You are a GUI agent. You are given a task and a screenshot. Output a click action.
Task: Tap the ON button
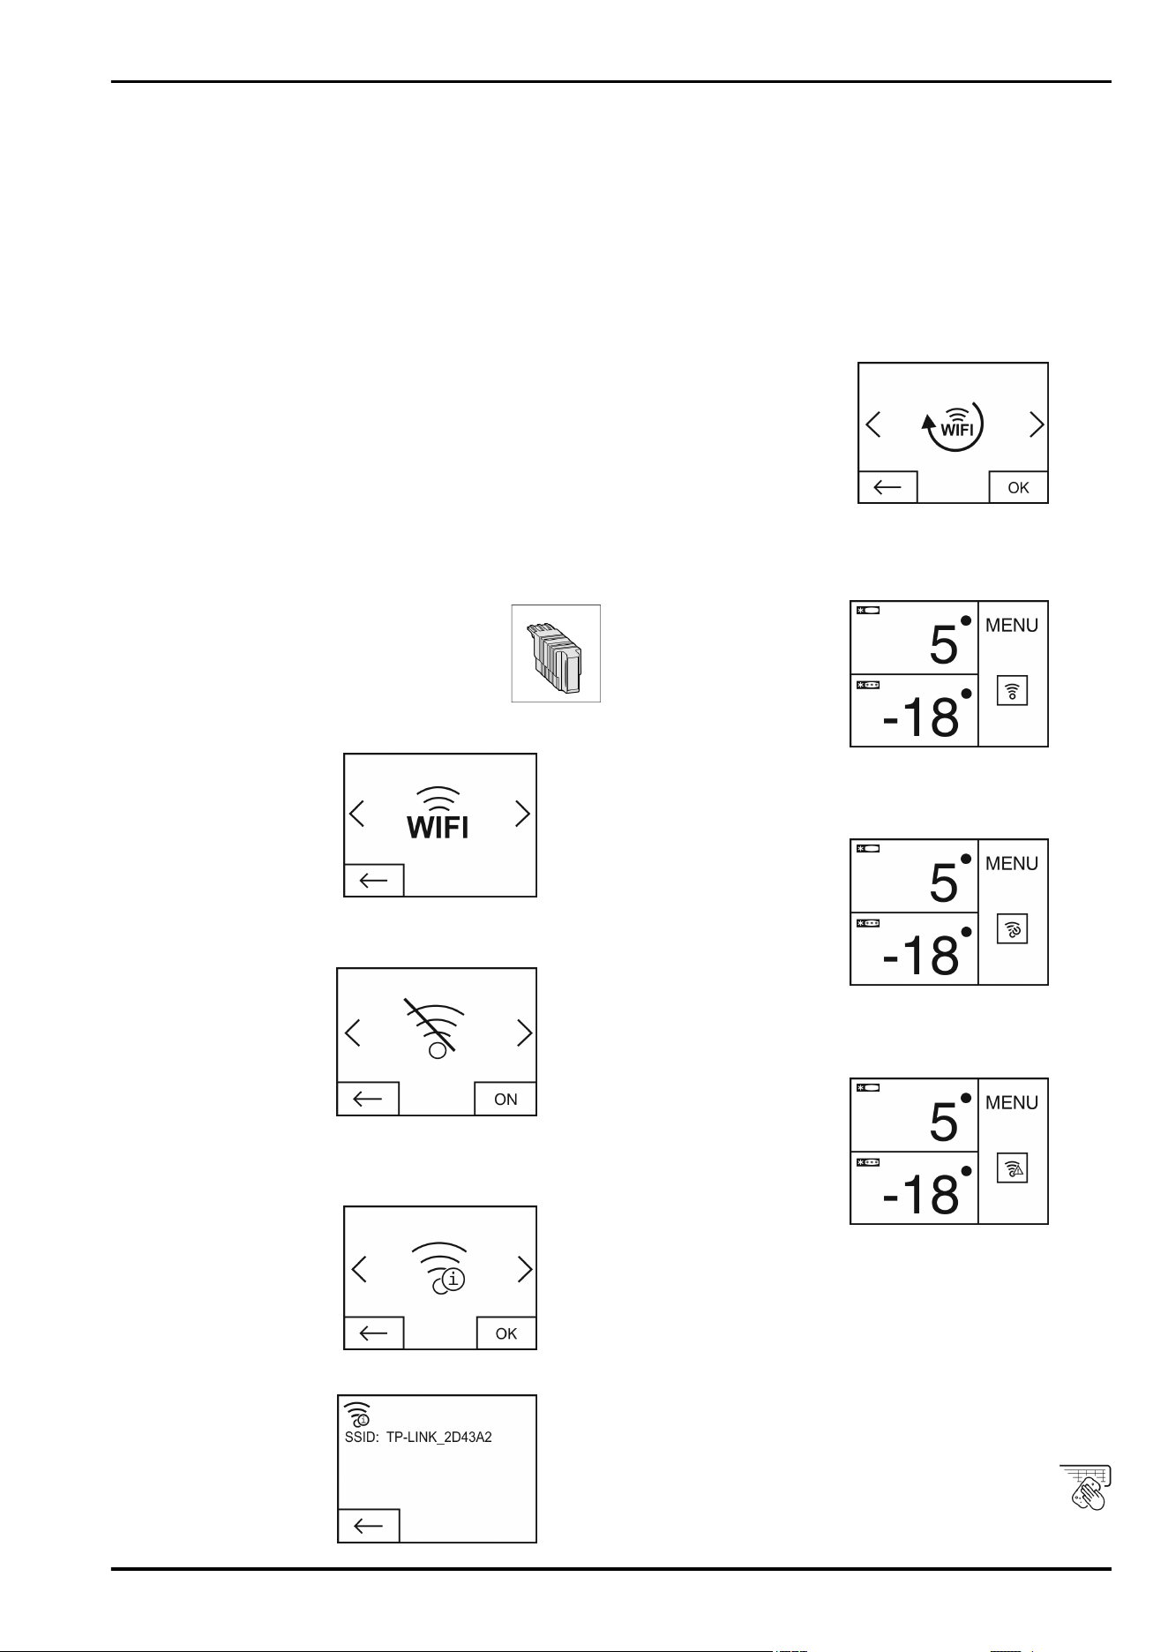click(505, 1099)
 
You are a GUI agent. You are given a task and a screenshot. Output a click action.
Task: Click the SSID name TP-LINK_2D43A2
click(439, 1437)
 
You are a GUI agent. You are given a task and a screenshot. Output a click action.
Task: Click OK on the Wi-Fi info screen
click(506, 1333)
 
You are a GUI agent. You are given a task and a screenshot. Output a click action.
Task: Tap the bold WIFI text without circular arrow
click(438, 827)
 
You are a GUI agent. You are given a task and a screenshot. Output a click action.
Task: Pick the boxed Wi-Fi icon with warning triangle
click(1013, 1168)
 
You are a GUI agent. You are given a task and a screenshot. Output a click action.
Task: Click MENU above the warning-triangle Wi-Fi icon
click(1012, 1102)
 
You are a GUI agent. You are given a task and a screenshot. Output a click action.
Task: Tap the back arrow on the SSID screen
click(369, 1526)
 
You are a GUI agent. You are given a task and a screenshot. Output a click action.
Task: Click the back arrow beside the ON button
click(368, 1099)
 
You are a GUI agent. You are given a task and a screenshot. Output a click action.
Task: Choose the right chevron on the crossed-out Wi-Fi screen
click(525, 1032)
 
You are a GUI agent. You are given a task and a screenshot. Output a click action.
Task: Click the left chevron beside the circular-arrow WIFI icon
click(872, 425)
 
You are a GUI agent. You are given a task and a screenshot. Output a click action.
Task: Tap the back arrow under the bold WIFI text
click(374, 881)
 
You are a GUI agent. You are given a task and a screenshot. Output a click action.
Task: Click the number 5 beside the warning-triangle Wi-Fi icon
click(944, 1122)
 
